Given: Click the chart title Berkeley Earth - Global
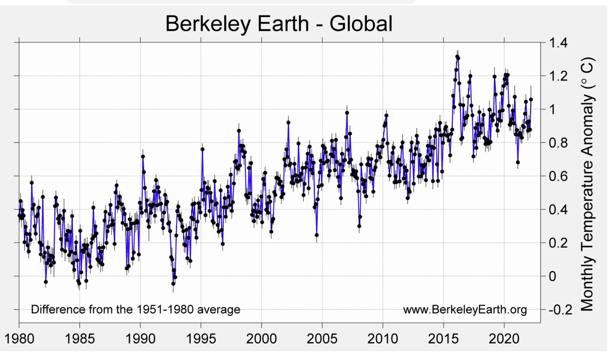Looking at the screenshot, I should coord(279,24).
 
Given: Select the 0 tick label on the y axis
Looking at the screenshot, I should coord(552,276).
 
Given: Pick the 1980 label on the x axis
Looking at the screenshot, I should coord(19,339).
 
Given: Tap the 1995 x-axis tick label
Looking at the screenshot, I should coord(201,339).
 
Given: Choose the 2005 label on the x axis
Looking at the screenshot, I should coord(322,339).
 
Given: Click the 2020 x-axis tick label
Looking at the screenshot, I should coord(504,339).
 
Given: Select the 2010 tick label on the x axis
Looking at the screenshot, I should coord(382,339).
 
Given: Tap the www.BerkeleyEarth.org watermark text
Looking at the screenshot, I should coord(465,309).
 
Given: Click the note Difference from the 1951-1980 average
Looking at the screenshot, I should coord(136,309).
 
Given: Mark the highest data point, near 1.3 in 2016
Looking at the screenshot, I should coord(457,57).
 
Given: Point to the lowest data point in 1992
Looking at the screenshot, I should coord(173,283).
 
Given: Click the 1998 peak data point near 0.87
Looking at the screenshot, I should coord(239,131).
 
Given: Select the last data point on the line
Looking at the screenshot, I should coord(531,99).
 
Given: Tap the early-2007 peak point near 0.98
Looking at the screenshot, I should coord(347,113).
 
